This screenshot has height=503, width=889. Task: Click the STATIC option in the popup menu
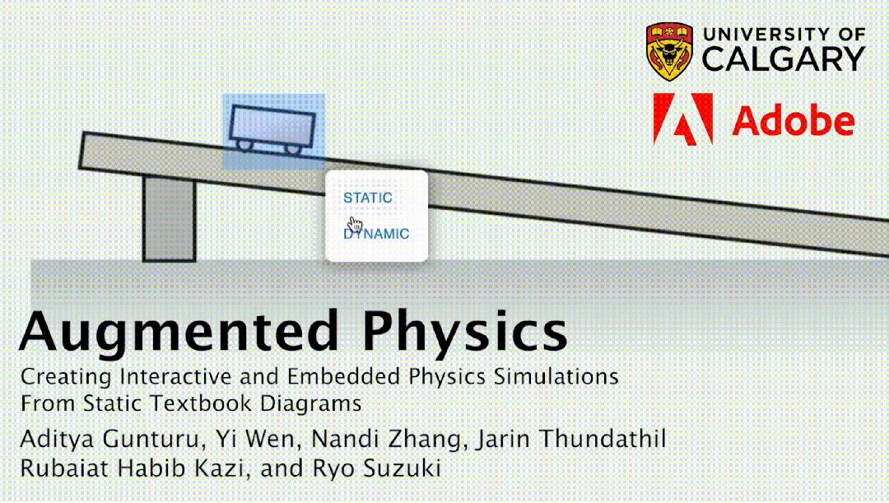[368, 198]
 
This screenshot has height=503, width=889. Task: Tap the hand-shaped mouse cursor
[355, 225]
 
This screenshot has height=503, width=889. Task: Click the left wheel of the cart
[245, 145]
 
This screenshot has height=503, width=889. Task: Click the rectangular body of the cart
[272, 125]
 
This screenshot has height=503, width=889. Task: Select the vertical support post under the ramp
[170, 218]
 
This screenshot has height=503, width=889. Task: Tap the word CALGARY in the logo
[783, 58]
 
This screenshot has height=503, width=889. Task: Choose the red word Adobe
[793, 122]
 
